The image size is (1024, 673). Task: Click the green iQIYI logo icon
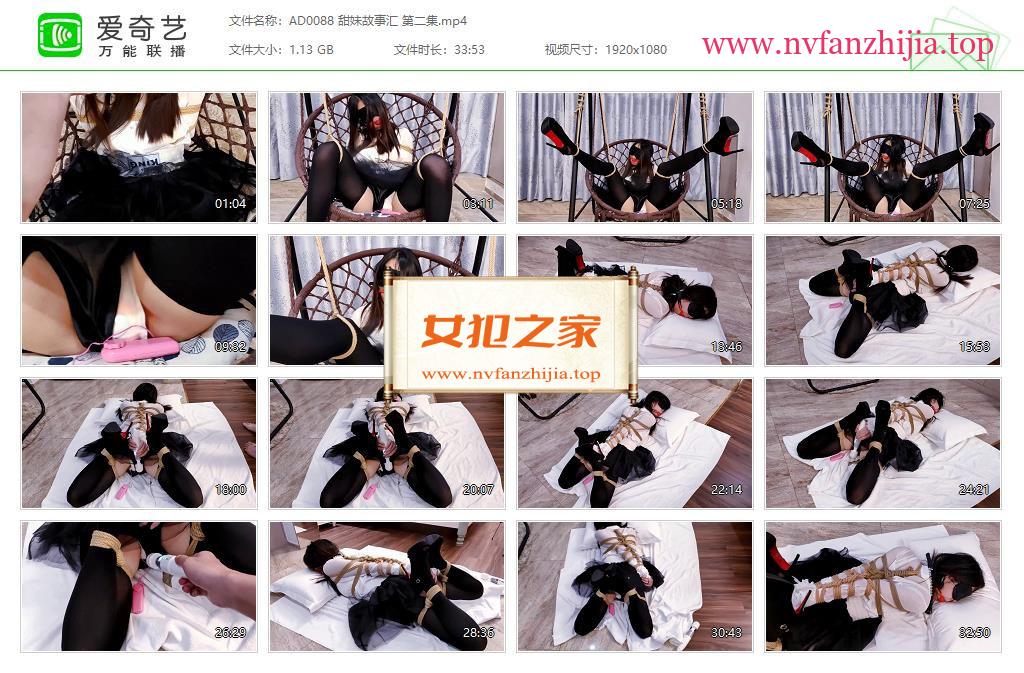coord(59,35)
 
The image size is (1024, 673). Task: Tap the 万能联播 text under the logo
coord(142,51)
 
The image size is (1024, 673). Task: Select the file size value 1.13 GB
coord(312,50)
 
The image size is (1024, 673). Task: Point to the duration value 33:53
coord(470,50)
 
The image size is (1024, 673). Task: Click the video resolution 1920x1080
coord(636,50)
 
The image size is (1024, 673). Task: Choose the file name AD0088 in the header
coord(312,21)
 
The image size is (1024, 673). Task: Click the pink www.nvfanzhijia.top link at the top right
coord(847,44)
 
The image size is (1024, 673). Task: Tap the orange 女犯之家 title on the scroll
coord(510,331)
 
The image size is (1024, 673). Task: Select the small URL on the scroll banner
coord(511,374)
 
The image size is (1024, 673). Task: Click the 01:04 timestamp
coord(231,204)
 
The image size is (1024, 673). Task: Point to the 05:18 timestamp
coord(726,204)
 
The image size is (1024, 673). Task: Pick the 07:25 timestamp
coord(974,204)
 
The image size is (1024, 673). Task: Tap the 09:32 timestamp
coord(231,347)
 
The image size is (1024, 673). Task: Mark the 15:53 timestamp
coord(974,347)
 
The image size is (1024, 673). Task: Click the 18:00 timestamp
coord(231,490)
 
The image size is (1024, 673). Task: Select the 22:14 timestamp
coord(726,490)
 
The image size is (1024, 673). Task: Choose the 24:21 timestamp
coord(974,490)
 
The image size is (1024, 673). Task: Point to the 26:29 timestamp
coord(231,633)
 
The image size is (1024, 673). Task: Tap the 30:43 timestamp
coord(726,633)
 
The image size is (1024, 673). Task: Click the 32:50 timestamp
coord(974,633)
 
